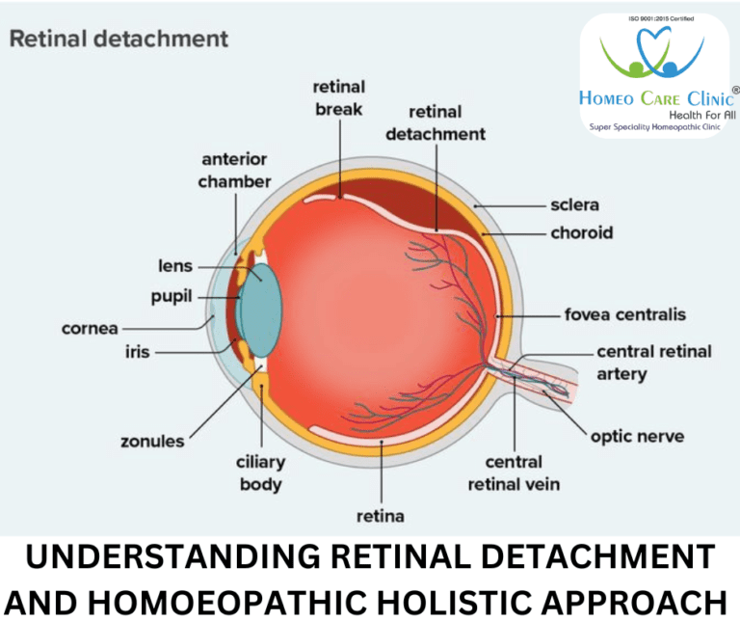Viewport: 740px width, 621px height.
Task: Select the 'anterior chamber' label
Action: [x=235, y=170]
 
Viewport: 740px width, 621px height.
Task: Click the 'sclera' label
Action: [x=574, y=204]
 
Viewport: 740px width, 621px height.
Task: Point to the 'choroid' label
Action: [x=581, y=232]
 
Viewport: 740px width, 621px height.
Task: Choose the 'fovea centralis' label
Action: [x=624, y=315]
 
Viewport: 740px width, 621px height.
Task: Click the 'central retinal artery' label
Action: [x=653, y=363]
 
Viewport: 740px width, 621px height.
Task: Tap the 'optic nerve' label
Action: [x=637, y=436]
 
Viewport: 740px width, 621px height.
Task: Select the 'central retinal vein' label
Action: [x=514, y=472]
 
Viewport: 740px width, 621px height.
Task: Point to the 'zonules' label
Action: [x=151, y=441]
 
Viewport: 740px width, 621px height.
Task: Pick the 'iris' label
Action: [x=138, y=353]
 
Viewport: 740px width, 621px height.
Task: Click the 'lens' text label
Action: [x=175, y=265]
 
